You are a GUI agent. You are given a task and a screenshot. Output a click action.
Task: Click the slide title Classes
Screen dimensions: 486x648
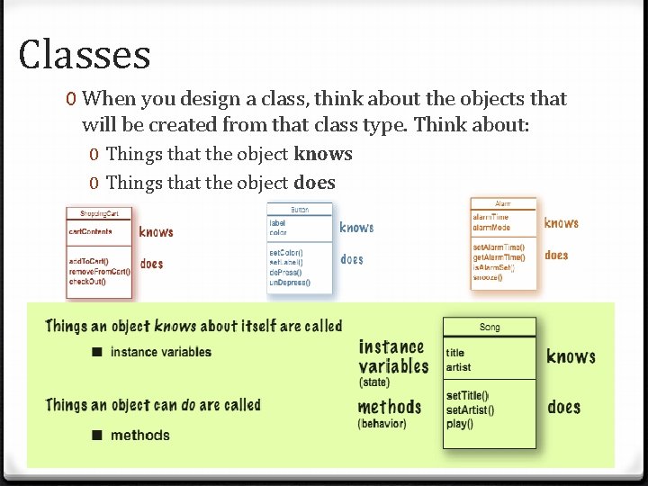click(84, 54)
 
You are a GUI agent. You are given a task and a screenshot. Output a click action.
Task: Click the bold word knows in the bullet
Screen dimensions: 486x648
click(323, 154)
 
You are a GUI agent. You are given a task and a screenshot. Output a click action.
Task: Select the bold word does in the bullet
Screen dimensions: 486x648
click(314, 183)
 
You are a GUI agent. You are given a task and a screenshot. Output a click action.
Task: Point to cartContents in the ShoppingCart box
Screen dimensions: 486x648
click(90, 231)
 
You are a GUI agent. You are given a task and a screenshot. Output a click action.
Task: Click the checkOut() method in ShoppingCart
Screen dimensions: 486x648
click(87, 282)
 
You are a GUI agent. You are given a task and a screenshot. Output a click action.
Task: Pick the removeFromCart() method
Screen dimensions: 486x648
click(99, 271)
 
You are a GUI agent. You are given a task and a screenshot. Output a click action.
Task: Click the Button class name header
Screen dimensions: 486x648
click(299, 209)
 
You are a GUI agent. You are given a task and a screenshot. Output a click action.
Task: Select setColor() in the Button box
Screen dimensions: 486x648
click(286, 253)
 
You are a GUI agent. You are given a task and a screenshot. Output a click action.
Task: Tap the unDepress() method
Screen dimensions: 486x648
click(290, 283)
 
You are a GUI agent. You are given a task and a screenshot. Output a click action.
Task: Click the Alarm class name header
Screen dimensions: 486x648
click(503, 203)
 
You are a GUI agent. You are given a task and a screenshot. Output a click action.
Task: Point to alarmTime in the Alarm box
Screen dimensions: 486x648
click(490, 217)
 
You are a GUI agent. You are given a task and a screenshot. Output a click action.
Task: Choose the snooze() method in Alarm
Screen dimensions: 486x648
click(487, 277)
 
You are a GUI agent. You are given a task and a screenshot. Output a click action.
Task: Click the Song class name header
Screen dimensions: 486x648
click(490, 328)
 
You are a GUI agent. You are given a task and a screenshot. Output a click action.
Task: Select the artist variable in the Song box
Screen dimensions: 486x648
click(458, 367)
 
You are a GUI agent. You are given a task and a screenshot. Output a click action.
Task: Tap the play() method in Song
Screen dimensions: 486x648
click(459, 423)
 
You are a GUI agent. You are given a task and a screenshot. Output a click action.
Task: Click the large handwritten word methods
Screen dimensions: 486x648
click(390, 407)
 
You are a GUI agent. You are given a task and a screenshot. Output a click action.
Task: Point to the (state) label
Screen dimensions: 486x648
click(374, 382)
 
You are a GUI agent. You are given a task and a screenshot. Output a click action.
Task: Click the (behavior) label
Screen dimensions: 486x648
click(382, 423)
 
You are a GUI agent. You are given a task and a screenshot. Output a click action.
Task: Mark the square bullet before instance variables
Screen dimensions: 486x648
click(95, 352)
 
